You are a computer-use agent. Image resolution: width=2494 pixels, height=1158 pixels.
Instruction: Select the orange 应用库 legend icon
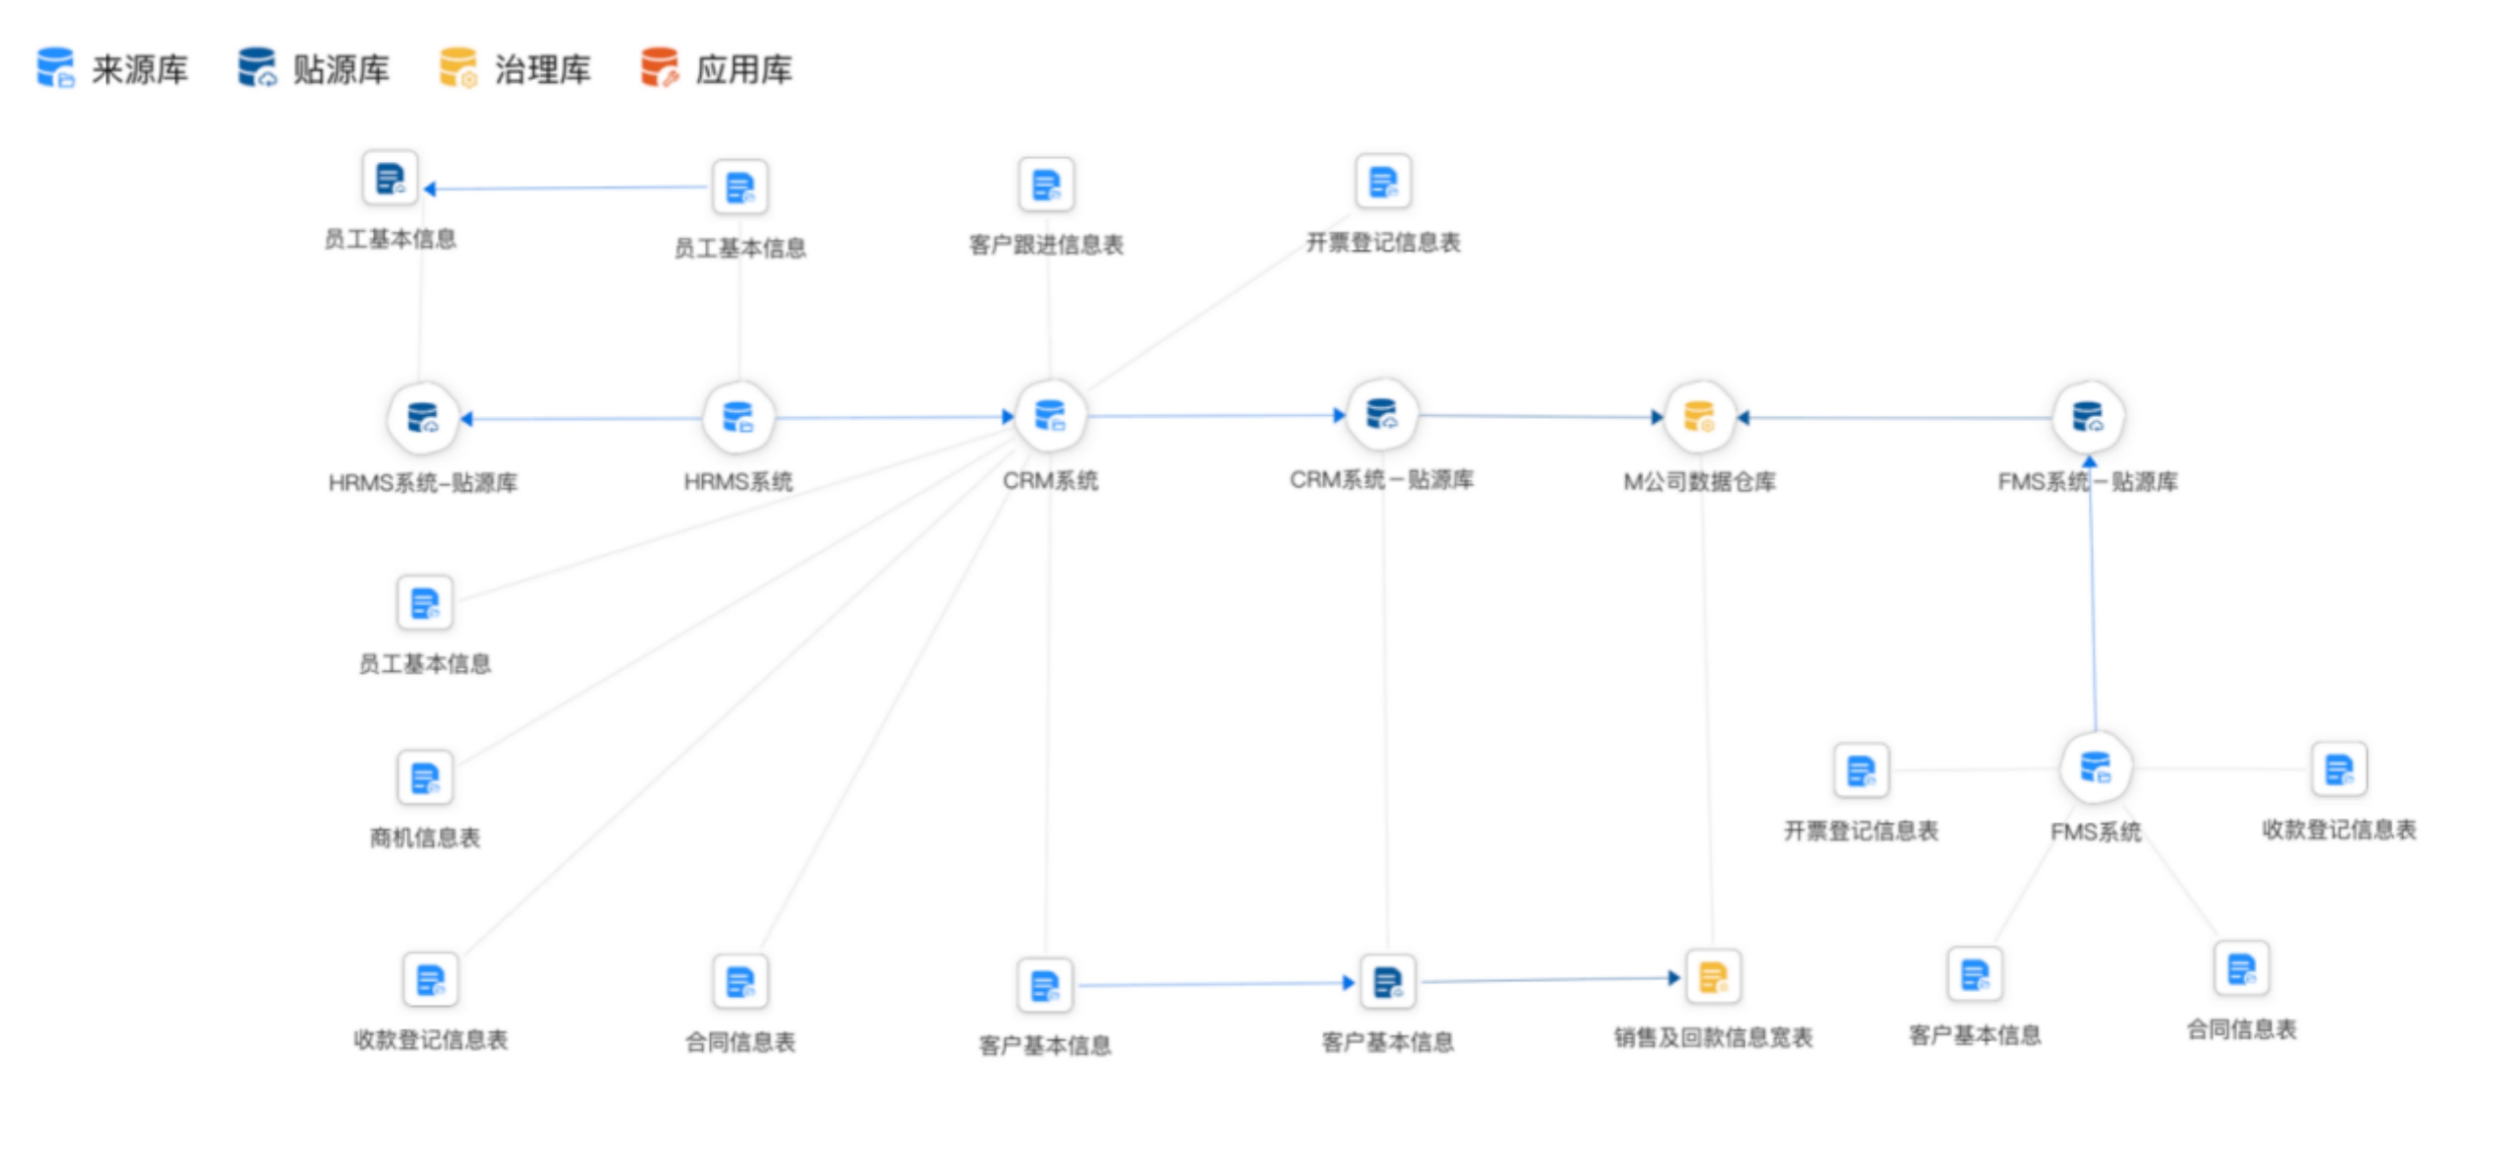coord(659,68)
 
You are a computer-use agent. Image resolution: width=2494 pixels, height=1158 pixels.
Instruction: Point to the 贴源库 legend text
coord(341,70)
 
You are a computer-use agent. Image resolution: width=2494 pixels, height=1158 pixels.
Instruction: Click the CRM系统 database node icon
coord(1050,416)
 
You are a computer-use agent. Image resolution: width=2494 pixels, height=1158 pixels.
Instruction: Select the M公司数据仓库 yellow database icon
coord(1699,416)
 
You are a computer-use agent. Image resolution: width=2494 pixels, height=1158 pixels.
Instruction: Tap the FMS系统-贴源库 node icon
coord(2088,416)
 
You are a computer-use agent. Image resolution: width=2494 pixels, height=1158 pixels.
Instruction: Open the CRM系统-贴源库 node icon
coord(1382,414)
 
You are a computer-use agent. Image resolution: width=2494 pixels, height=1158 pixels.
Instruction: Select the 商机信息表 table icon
coord(425,778)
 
